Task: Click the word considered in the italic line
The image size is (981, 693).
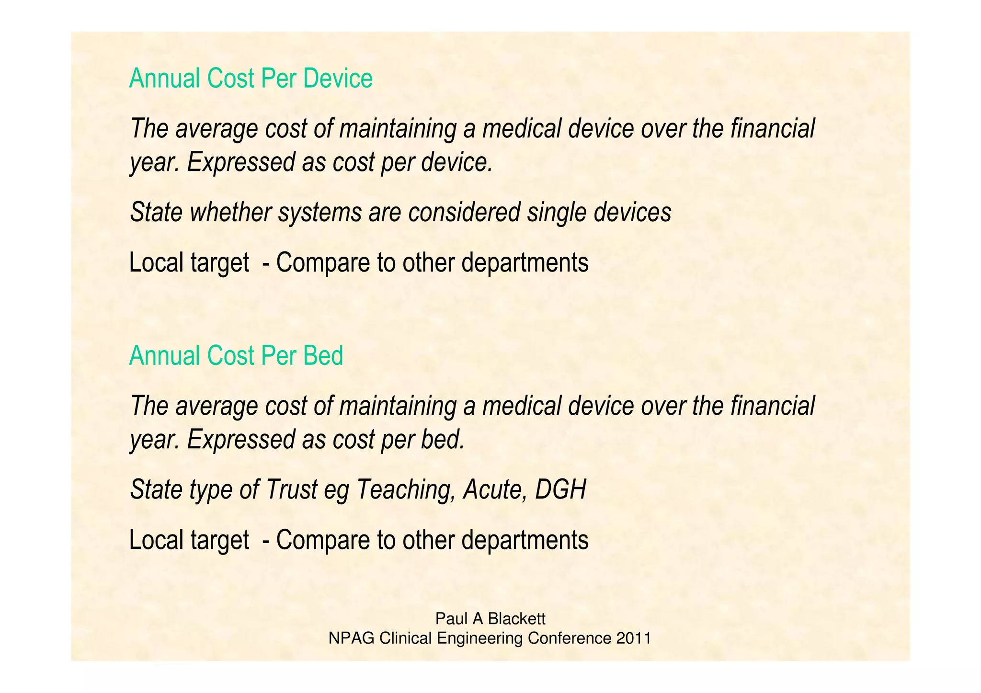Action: [x=464, y=212]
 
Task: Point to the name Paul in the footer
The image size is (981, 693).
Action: [x=451, y=619]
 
